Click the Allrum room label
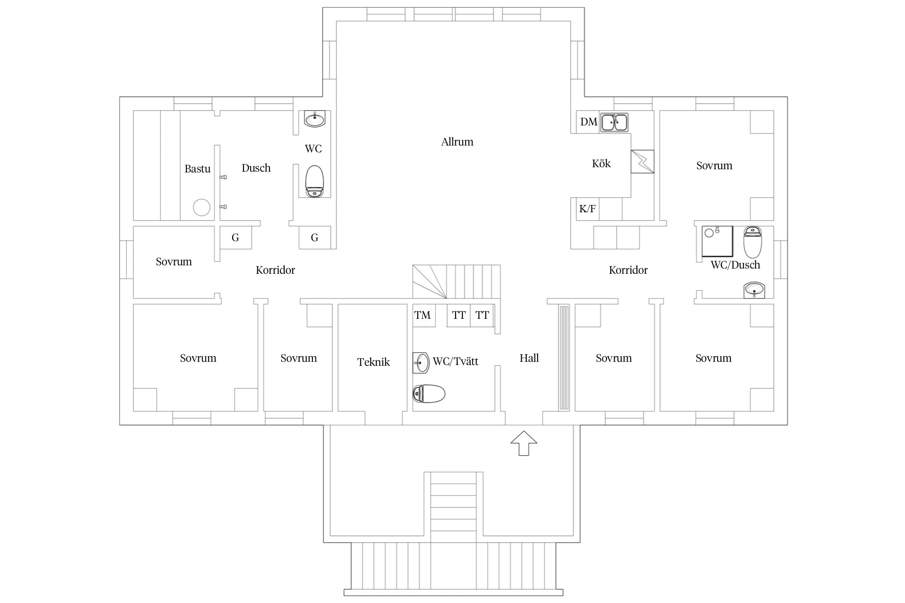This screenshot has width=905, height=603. click(x=457, y=142)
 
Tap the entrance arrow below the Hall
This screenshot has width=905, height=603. click(x=524, y=443)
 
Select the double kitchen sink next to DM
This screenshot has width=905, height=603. click(x=614, y=122)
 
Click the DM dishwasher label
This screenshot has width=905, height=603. click(x=588, y=122)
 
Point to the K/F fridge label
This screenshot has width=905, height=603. click(x=587, y=209)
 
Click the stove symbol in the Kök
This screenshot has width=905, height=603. click(x=642, y=162)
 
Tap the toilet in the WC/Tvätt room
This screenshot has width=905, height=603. click(x=429, y=394)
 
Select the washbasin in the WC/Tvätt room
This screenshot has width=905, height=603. click(x=421, y=363)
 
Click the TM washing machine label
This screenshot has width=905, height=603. click(x=422, y=315)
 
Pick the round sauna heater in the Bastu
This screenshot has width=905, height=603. click(x=202, y=207)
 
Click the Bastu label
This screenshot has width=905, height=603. click(x=197, y=169)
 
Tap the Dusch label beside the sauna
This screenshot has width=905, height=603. click(x=256, y=168)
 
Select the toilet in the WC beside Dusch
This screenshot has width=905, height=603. click(x=315, y=181)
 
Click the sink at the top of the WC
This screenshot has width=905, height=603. click(x=315, y=119)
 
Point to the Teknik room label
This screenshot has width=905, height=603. click(x=373, y=362)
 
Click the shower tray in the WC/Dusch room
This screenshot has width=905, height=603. click(x=717, y=241)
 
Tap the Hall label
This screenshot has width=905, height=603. click(x=529, y=358)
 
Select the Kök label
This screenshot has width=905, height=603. click(x=601, y=164)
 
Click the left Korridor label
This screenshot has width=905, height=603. click(x=275, y=270)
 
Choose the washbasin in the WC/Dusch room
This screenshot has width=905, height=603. click(x=754, y=290)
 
